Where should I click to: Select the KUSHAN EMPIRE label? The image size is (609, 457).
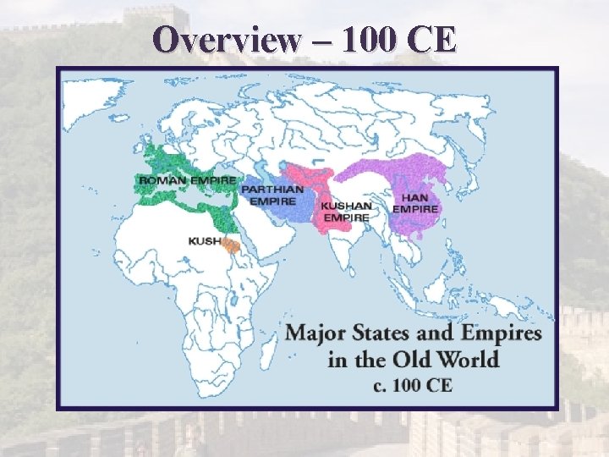[346, 211]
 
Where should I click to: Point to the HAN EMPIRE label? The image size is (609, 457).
[415, 203]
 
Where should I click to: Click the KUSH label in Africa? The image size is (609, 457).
[205, 241]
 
